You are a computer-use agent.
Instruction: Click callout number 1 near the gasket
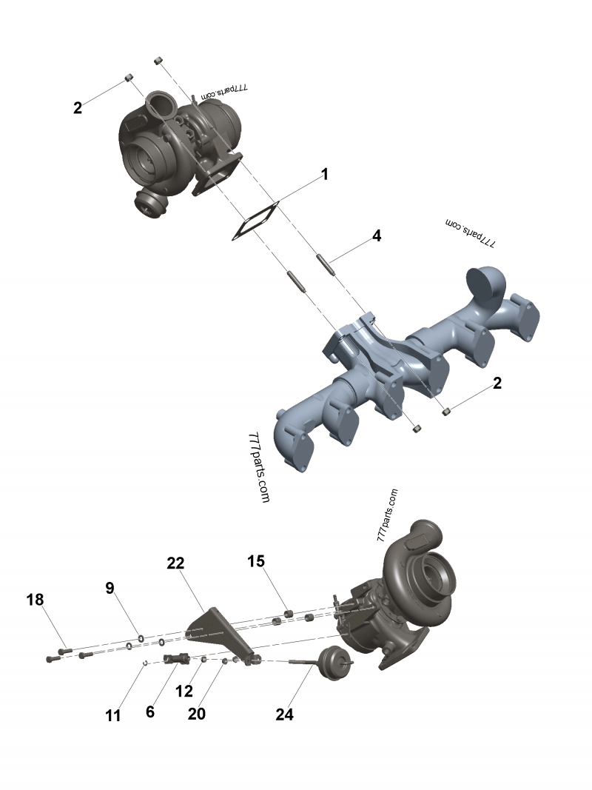pos(323,175)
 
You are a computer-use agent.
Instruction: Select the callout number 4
pos(377,236)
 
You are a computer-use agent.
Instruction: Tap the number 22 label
pos(175,563)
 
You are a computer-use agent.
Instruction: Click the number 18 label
pos(36,599)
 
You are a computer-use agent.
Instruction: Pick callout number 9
pos(110,589)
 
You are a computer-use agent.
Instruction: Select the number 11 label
pos(112,715)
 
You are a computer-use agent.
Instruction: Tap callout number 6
pos(150,712)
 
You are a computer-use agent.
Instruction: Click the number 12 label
pos(184,692)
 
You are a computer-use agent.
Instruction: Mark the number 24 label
pos(284,714)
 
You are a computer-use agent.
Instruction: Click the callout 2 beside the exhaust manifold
pos(497,384)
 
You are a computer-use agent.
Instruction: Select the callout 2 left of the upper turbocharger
pos(78,108)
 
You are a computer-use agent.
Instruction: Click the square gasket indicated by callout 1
pos(254,221)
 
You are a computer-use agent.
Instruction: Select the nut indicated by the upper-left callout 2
pos(128,77)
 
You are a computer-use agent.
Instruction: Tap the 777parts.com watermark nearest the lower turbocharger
pos(387,516)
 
